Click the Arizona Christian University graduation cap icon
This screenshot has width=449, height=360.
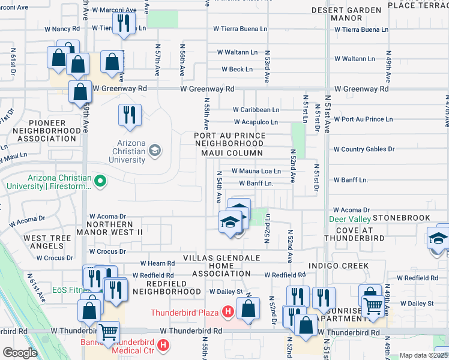pyautogui.click(x=155, y=150)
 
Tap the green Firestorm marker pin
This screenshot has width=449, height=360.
pyautogui.click(x=101, y=179)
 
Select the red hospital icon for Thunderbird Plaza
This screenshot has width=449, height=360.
pyautogui.click(x=228, y=312)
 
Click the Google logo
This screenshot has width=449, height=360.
pyautogui.click(x=20, y=353)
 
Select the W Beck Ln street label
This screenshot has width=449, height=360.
pyautogui.click(x=237, y=70)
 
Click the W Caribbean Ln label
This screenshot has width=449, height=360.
pyautogui.click(x=256, y=110)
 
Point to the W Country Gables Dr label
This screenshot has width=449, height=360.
pyautogui.click(x=364, y=149)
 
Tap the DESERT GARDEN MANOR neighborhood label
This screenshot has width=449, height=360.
pyautogui.click(x=347, y=14)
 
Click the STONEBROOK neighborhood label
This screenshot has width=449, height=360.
pyautogui.click(x=401, y=217)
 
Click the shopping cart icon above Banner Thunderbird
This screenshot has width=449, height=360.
pyautogui.click(x=108, y=332)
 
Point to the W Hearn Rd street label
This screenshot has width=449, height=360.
pyautogui.click(x=157, y=263)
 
